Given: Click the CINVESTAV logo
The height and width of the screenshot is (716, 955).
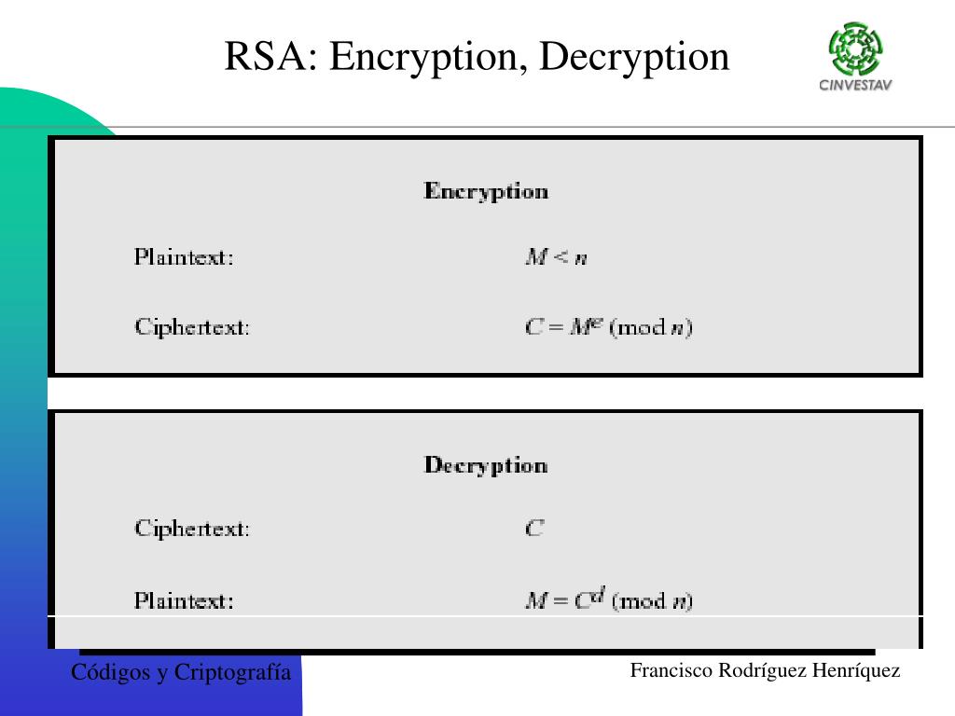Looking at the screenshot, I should [855, 57].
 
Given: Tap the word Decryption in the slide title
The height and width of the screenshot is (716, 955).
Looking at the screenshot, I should [634, 58].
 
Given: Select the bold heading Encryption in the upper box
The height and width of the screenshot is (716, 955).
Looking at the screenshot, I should [486, 192].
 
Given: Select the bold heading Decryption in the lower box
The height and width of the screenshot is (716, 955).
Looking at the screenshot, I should [486, 465].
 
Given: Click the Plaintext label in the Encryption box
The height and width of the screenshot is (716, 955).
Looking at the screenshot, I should [184, 257].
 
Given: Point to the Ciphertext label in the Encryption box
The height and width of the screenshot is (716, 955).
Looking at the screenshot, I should [192, 327].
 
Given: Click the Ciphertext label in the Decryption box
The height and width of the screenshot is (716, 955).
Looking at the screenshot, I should [192, 529].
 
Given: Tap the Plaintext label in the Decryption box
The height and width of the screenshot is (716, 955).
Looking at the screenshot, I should [184, 600].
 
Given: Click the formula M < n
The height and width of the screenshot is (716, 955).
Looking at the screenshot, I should [556, 257].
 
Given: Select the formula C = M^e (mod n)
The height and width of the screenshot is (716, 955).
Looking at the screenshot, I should [609, 327].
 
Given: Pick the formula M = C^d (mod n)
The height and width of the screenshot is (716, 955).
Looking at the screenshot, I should [609, 599].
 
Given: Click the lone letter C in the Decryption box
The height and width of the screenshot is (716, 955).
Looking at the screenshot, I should [534, 529].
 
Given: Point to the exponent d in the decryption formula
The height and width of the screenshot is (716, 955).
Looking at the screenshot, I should [599, 593].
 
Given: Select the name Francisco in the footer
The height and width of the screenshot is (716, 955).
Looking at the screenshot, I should [671, 670].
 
